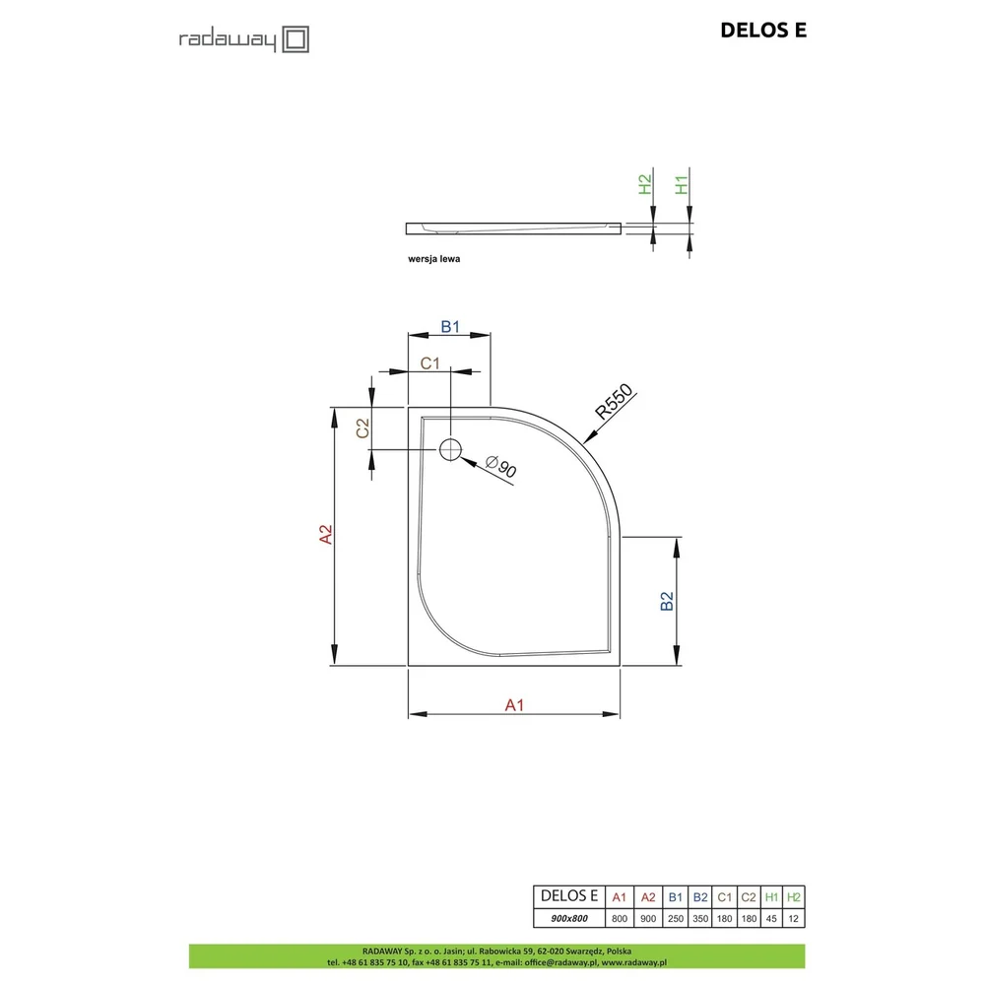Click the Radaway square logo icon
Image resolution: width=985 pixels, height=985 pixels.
pyautogui.click(x=295, y=39)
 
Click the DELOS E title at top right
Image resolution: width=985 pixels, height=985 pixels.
pyautogui.click(x=763, y=31)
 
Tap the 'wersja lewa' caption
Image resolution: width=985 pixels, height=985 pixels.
pyautogui.click(x=434, y=259)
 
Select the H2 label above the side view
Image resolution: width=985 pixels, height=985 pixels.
pyautogui.click(x=645, y=185)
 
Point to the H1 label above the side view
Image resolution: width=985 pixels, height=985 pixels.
pyautogui.click(x=682, y=185)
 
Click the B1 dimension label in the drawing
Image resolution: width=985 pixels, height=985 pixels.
pyautogui.click(x=450, y=327)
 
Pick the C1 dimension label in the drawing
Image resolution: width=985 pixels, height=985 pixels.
pyautogui.click(x=430, y=363)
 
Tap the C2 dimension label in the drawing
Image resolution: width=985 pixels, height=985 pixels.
pyautogui.click(x=363, y=428)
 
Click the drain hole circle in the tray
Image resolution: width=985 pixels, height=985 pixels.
pyautogui.click(x=450, y=450)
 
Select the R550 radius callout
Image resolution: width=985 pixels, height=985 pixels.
pyautogui.click(x=615, y=402)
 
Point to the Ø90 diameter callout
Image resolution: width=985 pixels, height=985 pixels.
pyautogui.click(x=501, y=466)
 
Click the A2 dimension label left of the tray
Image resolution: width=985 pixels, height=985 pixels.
pyautogui.click(x=326, y=534)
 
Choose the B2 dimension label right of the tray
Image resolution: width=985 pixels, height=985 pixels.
pyautogui.click(x=667, y=601)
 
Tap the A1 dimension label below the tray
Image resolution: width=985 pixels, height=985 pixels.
pyautogui.click(x=514, y=705)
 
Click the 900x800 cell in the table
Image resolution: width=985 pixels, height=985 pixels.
pyautogui.click(x=569, y=918)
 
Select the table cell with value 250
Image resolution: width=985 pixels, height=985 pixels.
pyautogui.click(x=676, y=918)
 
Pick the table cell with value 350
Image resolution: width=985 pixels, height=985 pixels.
pyautogui.click(x=700, y=918)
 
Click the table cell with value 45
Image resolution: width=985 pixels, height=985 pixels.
pyautogui.click(x=771, y=918)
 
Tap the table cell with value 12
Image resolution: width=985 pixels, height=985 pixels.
pyautogui.click(x=793, y=918)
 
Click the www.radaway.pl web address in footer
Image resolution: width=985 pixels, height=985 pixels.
pyautogui.click(x=633, y=962)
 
